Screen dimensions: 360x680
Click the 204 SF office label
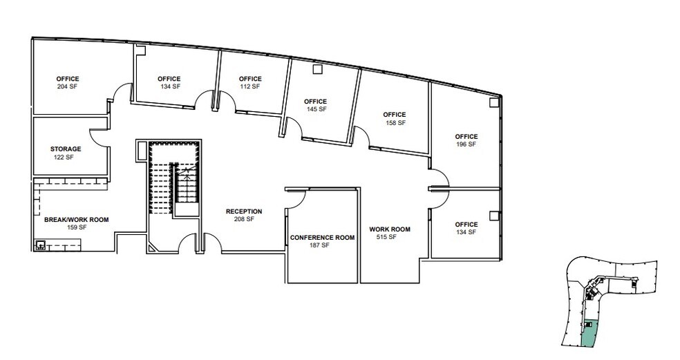[68, 82]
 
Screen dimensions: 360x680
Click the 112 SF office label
[250, 82]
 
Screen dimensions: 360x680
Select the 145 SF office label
[316, 105]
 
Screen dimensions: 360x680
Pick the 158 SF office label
[395, 118]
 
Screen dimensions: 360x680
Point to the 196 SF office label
[466, 140]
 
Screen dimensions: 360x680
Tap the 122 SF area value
[64, 157]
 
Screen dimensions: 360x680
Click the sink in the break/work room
[40, 245]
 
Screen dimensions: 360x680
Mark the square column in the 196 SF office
[493, 102]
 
